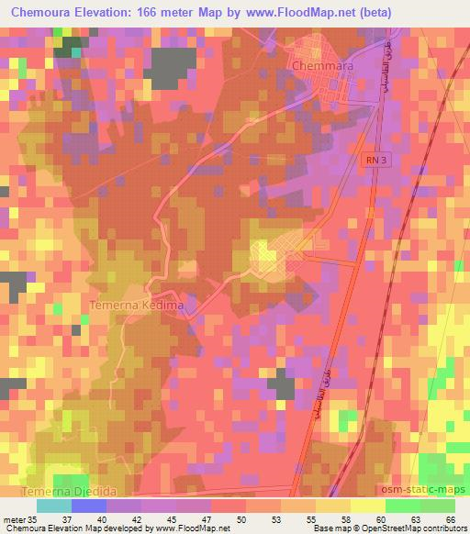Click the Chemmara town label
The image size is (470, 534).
[x=322, y=67]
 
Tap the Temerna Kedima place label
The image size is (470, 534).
[x=136, y=304]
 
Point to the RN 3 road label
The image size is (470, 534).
[x=370, y=159]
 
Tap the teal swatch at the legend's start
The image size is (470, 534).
[x=53, y=505]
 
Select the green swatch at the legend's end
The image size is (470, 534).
[x=437, y=505]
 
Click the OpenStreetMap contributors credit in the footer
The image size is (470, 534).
[x=404, y=528]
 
